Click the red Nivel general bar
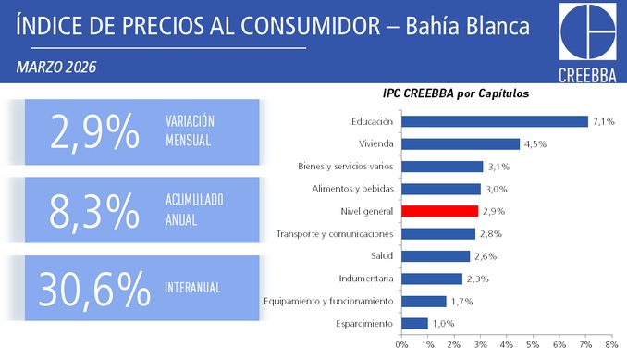tap(440, 211)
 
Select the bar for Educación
tap(495, 121)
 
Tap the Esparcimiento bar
tap(414, 324)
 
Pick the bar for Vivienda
tap(461, 144)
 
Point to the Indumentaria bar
tap(432, 279)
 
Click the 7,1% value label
tap(604, 121)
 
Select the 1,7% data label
tap(461, 302)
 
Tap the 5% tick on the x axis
tap(533, 345)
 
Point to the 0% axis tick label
tap(401, 345)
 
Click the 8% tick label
tap(612, 345)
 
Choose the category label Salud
tap(382, 256)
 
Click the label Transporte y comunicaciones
tap(335, 234)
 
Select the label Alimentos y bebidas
tap(353, 189)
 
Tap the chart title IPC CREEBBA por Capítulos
tap(456, 93)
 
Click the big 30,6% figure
tap(94, 289)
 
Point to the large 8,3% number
tap(94, 211)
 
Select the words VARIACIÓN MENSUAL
tap(190, 130)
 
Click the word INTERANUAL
tap(192, 288)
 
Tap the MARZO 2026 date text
tap(56, 68)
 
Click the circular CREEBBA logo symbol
tap(588, 31)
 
